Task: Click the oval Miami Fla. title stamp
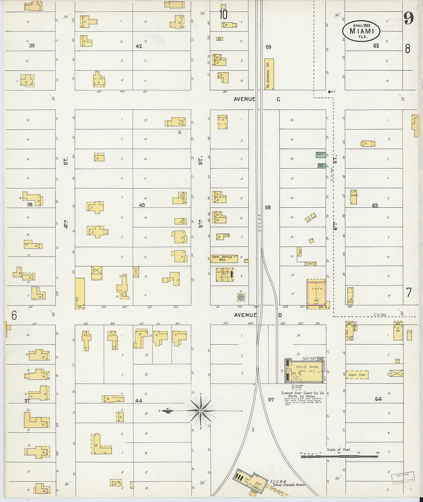pyautogui.click(x=361, y=31)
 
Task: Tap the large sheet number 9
pyautogui.click(x=408, y=18)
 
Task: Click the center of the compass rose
pyautogui.click(x=200, y=411)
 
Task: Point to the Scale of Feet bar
pyautogui.click(x=339, y=456)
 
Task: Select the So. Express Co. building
pyautogui.click(x=269, y=74)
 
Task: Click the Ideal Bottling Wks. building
pyautogui.click(x=224, y=259)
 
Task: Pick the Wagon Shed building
pyautogui.click(x=358, y=375)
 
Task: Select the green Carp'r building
pyautogui.click(x=320, y=155)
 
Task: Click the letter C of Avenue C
pyautogui.click(x=278, y=99)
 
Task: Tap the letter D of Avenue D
pyautogui.click(x=280, y=315)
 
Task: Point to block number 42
pyautogui.click(x=139, y=46)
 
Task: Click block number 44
pyautogui.click(x=138, y=401)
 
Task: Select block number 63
pyautogui.click(x=375, y=206)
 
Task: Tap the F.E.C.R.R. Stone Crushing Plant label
pyautogui.click(x=286, y=483)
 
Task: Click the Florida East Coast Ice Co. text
pyautogui.click(x=303, y=393)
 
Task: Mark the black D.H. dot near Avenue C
pyautogui.click(x=330, y=92)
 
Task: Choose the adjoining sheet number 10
pyautogui.click(x=223, y=15)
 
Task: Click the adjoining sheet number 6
pyautogui.click(x=14, y=315)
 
